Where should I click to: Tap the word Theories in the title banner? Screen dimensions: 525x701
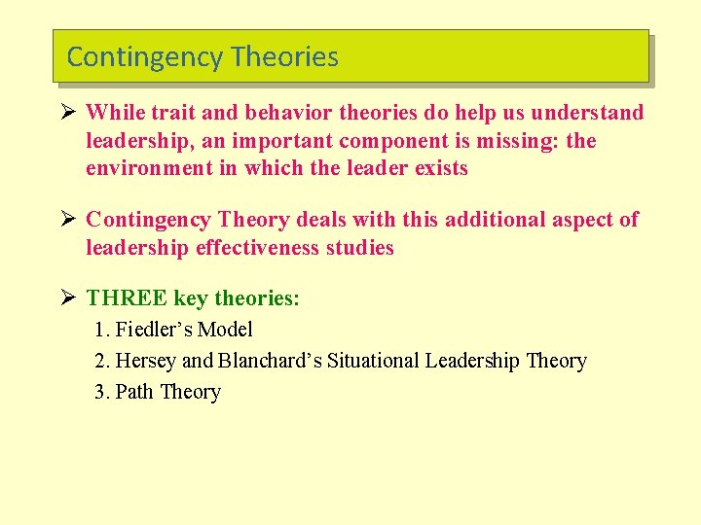[x=285, y=57]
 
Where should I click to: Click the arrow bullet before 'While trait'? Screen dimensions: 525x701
[x=70, y=113]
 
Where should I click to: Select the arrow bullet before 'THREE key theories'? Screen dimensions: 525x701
[x=70, y=298]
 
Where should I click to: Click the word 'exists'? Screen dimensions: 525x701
[x=439, y=168]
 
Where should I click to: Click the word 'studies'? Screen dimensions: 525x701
[x=362, y=248]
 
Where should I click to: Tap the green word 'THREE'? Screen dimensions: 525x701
[x=127, y=298]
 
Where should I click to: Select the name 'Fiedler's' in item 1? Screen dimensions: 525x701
[x=154, y=330]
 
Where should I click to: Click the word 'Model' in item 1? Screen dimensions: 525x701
[x=225, y=330]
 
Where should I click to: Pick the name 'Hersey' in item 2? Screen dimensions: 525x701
[x=146, y=361]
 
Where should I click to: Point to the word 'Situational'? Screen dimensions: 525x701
[x=376, y=361]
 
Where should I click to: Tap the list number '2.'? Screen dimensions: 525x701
[x=102, y=361]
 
